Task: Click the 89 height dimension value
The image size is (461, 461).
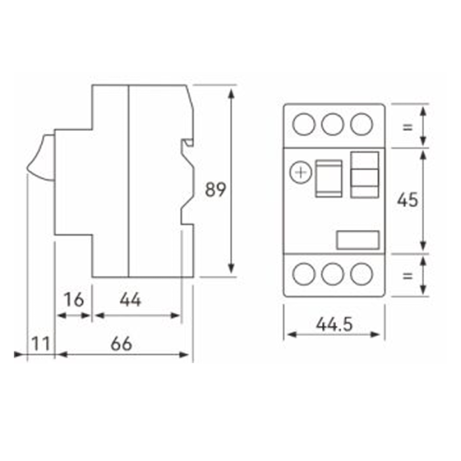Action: tap(215, 190)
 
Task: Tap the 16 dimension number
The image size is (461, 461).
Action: tap(74, 300)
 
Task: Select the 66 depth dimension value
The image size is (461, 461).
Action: tap(121, 344)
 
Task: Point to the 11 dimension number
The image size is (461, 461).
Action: tap(41, 344)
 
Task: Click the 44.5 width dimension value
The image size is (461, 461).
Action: tap(334, 325)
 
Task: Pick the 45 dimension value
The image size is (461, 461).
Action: tap(407, 200)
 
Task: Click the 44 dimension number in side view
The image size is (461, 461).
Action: tap(130, 300)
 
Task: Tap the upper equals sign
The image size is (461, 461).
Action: tap(407, 127)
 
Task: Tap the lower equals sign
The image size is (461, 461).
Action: tap(407, 276)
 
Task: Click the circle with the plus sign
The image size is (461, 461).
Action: tap(300, 173)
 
